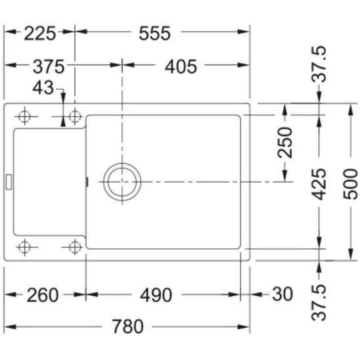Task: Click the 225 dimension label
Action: [x=39, y=34]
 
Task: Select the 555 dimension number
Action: [x=155, y=34]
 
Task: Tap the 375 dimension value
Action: [x=49, y=67]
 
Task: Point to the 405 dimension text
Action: [x=181, y=67]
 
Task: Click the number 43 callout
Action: [x=43, y=88]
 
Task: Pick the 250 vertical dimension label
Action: [x=284, y=143]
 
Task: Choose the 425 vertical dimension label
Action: [x=319, y=185]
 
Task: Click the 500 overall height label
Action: [x=350, y=184]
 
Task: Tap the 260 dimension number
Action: [x=43, y=295]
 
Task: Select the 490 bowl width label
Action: [x=156, y=295]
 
